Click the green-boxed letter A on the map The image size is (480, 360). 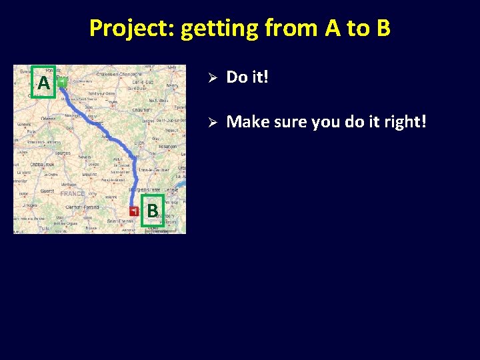pos(43,83)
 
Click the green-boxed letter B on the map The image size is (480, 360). pos(153,211)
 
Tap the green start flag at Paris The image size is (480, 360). pos(62,82)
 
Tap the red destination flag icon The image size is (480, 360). pos(135,211)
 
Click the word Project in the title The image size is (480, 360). pos(131,29)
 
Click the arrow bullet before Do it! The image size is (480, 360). pos(209,77)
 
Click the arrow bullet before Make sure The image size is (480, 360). pos(209,122)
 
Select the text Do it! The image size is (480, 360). pos(247,77)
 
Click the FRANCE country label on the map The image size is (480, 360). pos(72,193)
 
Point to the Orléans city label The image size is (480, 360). pos(48,119)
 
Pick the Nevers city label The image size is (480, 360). pos(85,157)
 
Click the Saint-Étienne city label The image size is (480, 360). pos(120,220)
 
